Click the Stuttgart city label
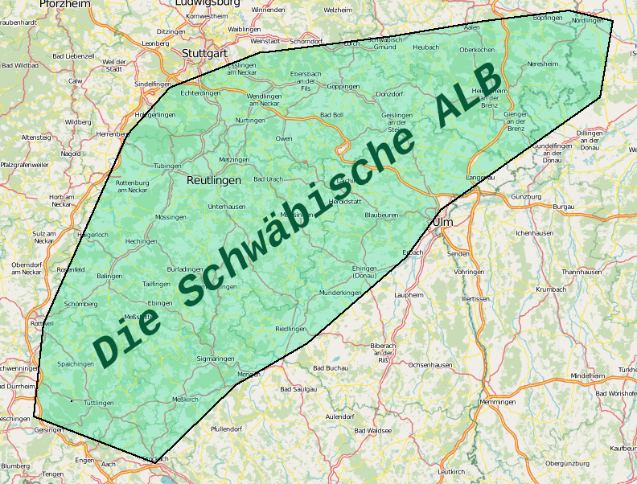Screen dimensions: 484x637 (x=200, y=55)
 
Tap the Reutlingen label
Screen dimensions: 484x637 (x=213, y=181)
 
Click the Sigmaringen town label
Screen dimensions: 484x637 (x=215, y=358)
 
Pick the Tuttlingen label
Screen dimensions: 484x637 (x=99, y=403)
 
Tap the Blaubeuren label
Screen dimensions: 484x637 (x=381, y=215)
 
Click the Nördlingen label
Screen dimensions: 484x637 (x=587, y=20)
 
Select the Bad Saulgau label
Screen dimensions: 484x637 (x=298, y=389)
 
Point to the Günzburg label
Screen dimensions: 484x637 (x=527, y=196)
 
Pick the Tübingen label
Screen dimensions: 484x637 (x=167, y=166)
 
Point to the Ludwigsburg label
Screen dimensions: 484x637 (x=208, y=3)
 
